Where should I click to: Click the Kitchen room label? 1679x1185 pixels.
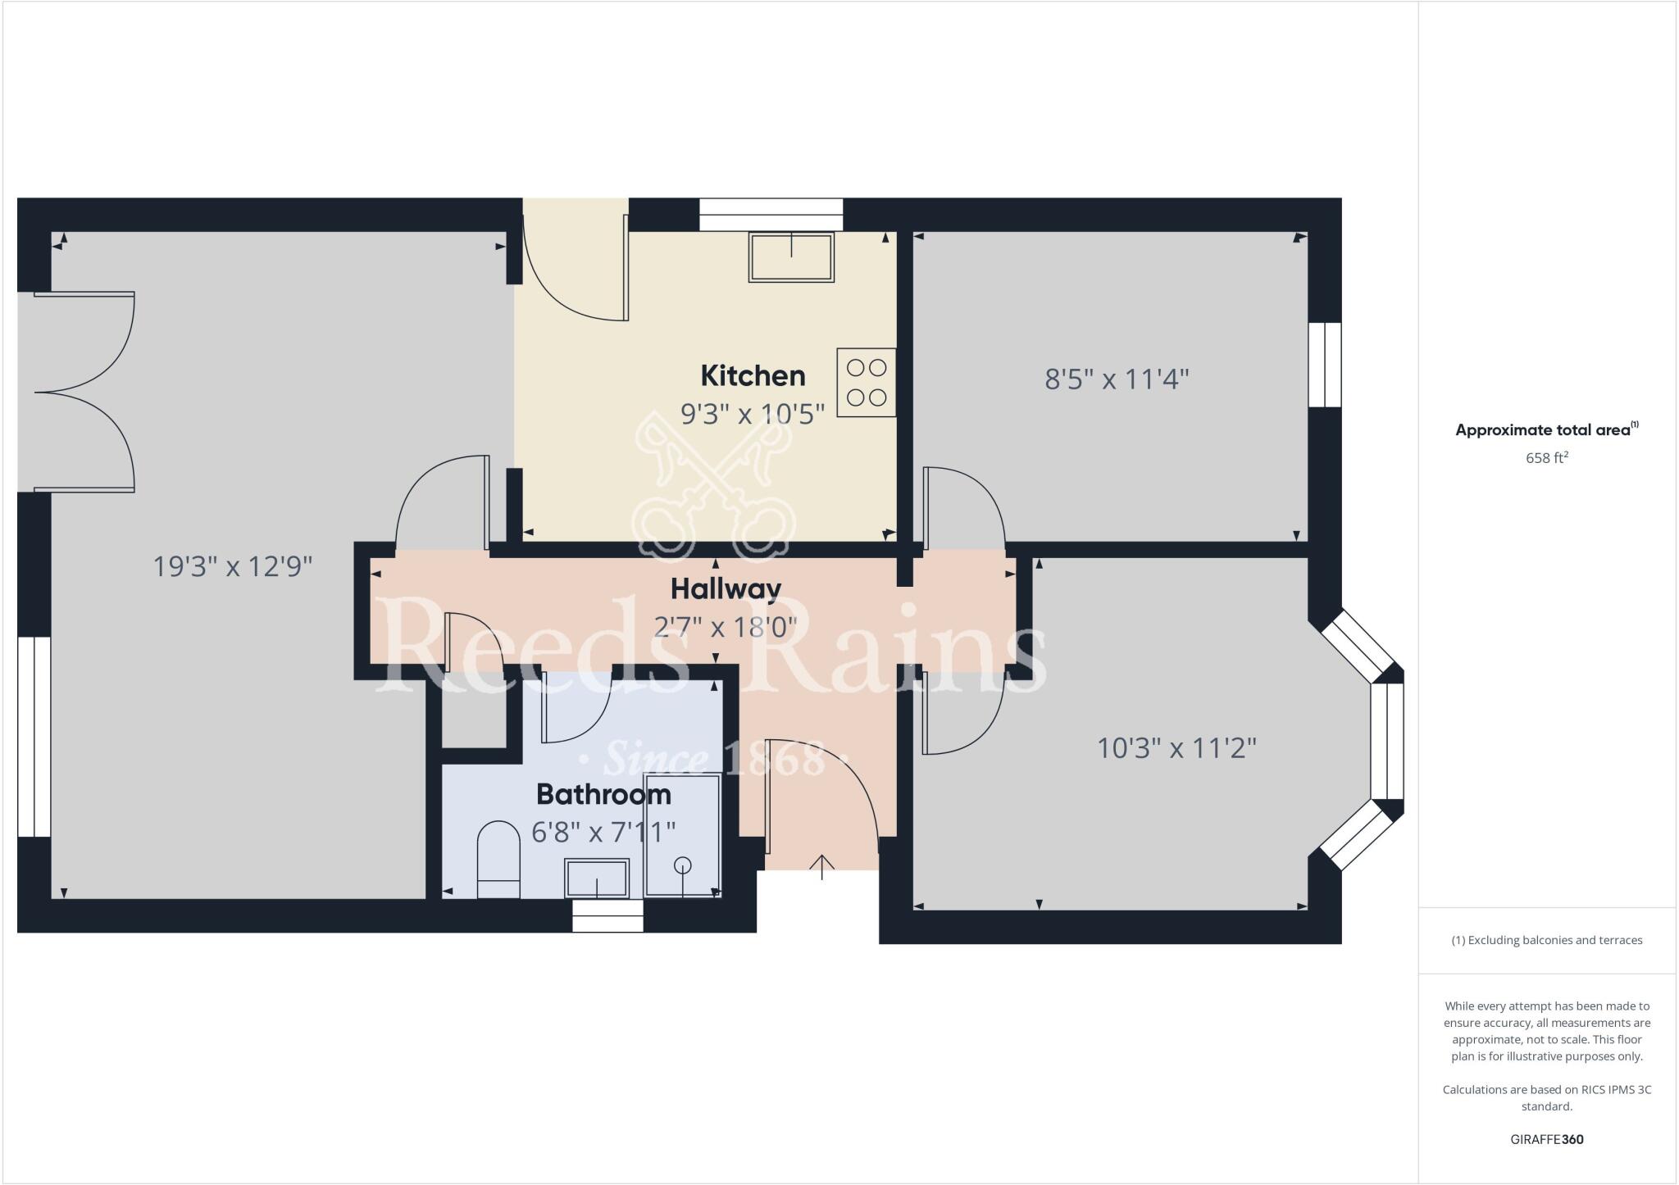click(x=753, y=376)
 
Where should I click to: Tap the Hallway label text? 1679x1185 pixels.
click(x=726, y=588)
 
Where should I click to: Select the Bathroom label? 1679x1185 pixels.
click(x=603, y=794)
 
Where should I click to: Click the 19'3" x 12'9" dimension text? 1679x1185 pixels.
click(x=234, y=566)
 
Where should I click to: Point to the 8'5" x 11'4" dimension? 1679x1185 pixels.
click(x=1117, y=379)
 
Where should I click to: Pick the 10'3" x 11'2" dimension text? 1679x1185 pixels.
click(x=1176, y=748)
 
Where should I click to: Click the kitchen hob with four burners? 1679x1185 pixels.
click(x=867, y=382)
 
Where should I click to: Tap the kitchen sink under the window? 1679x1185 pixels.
click(x=791, y=257)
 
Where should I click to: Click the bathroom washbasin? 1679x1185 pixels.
click(x=597, y=878)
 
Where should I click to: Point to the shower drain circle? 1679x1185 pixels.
click(x=682, y=865)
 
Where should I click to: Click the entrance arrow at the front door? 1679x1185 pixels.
click(x=822, y=865)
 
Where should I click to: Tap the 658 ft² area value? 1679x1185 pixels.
click(x=1546, y=458)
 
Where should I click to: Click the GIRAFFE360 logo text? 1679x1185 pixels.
click(x=1546, y=1139)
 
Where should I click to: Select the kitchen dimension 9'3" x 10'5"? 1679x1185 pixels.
click(x=753, y=415)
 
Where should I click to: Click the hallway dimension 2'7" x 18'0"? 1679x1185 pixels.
click(x=726, y=627)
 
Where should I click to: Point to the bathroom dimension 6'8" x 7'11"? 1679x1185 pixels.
click(x=603, y=833)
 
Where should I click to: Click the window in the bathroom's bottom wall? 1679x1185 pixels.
click(x=607, y=915)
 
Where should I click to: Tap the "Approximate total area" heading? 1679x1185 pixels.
click(x=1544, y=430)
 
